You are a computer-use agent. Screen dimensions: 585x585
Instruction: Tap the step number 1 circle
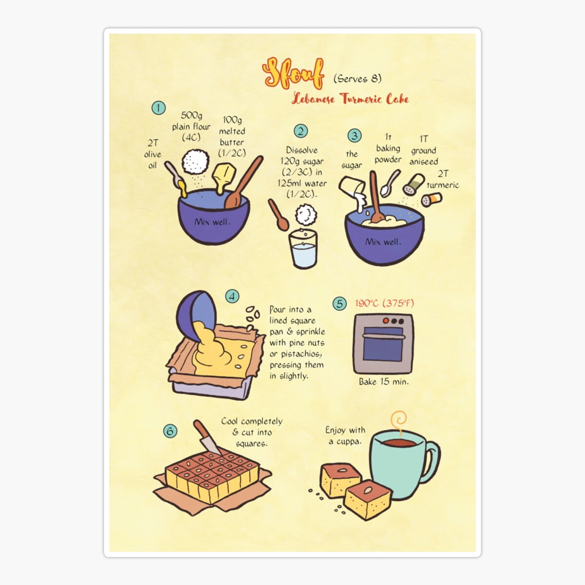point(158,108)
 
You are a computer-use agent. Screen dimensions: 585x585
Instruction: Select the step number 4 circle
point(233,296)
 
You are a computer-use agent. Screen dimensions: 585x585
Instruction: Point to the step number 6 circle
point(170,431)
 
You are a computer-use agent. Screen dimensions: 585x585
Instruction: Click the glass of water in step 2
point(303,249)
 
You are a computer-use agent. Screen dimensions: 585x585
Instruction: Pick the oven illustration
point(383,343)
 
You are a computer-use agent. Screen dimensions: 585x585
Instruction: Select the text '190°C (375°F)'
point(384,303)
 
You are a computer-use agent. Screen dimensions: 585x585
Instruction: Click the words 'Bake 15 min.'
point(384,382)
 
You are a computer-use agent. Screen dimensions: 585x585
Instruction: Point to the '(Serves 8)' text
point(357,78)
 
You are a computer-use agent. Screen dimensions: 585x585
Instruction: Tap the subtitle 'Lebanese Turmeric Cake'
point(350,99)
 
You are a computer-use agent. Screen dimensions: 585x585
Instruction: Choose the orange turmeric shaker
point(432,199)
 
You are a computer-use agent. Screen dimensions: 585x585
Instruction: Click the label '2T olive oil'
point(153,154)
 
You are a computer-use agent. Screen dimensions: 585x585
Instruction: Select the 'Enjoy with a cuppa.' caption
point(345,435)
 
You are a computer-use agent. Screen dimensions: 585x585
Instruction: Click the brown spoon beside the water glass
point(279,214)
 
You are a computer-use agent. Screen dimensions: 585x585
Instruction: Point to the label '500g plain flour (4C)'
point(191,126)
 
